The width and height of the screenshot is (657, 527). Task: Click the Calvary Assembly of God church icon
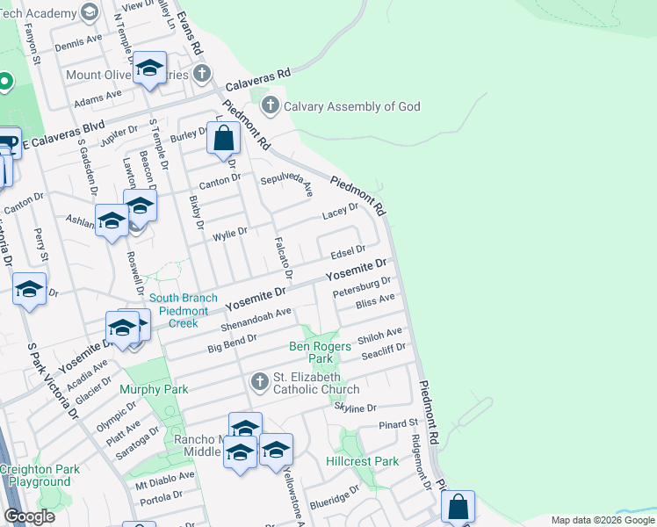(x=271, y=106)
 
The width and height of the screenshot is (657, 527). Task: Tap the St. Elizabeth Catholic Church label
(x=316, y=383)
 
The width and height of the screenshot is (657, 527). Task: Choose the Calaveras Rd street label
(x=257, y=82)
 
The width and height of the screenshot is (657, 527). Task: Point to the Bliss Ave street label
(x=375, y=302)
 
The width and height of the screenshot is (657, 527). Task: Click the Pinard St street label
(x=398, y=424)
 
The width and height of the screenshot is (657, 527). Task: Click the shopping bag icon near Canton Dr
(x=224, y=139)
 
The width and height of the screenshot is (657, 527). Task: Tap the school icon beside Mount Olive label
(x=150, y=69)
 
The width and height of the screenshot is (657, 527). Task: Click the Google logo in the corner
(x=29, y=516)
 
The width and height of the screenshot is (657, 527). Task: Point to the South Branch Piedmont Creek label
(x=184, y=311)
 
